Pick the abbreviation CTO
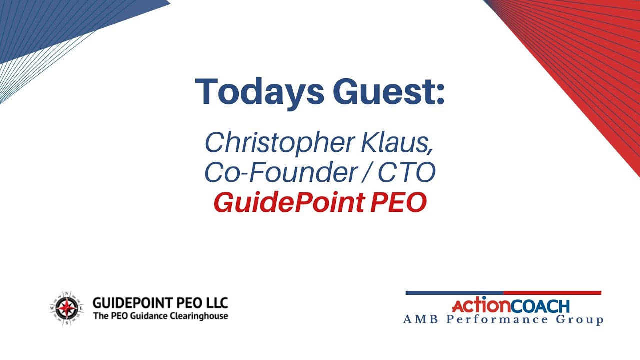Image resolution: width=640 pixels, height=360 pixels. pyautogui.click(x=407, y=173)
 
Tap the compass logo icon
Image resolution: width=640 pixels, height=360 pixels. pyautogui.click(x=66, y=309)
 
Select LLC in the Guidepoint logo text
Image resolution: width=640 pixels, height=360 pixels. pyautogui.click(x=217, y=303)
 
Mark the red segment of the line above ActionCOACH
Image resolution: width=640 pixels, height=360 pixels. pyautogui.click(x=552, y=293)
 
